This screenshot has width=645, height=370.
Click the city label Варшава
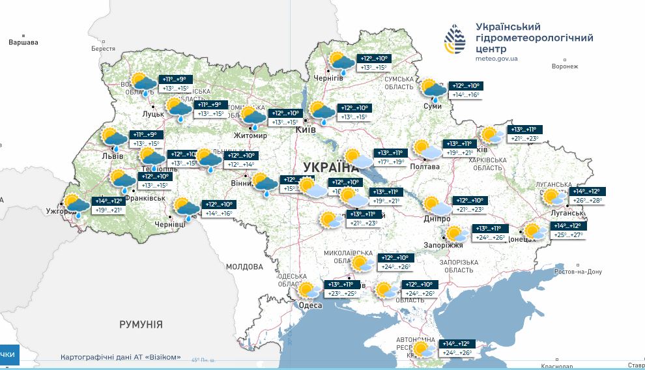pos(23,42)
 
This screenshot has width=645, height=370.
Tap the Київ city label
pos(306,130)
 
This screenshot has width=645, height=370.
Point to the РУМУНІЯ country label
pos(141,324)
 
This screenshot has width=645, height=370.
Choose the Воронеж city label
pos(564,66)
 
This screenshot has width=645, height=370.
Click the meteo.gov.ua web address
pos(496,59)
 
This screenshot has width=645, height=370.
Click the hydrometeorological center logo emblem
pos(455,39)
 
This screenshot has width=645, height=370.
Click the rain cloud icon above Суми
pos(433,90)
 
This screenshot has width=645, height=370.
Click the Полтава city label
pos(425,166)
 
